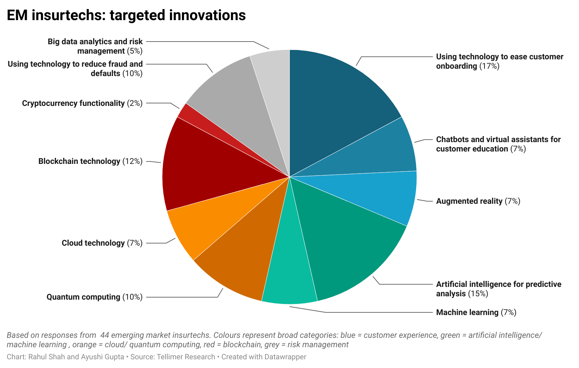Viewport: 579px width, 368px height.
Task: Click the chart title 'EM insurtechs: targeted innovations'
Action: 126,15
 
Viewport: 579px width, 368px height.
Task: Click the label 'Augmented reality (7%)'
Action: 478,201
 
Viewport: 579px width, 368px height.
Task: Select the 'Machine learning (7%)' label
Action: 476,312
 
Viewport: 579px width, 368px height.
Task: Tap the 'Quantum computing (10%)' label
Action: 94,297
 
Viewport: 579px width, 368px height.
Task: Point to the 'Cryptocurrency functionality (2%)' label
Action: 82,103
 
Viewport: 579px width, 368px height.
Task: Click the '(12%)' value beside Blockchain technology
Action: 132,161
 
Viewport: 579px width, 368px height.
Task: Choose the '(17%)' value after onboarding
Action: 489,66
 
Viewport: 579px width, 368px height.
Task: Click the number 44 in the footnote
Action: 105,335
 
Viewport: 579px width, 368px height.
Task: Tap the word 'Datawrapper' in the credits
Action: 285,357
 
